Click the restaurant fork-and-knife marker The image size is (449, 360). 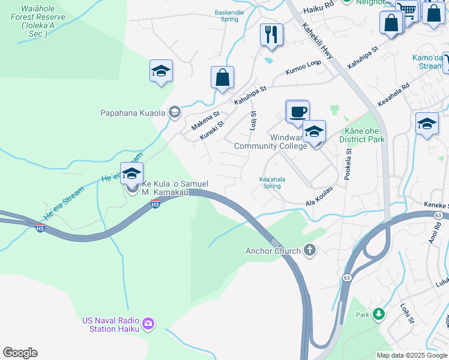click(272, 34)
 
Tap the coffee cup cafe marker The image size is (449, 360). click(297, 112)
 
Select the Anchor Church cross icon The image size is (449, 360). click(309, 250)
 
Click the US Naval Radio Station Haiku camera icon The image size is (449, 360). click(148, 325)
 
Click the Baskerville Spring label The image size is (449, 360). click(229, 16)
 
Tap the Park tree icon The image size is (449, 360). click(378, 314)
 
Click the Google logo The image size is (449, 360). click(20, 353)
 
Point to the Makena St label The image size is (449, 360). click(206, 121)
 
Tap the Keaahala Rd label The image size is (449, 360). click(393, 94)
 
